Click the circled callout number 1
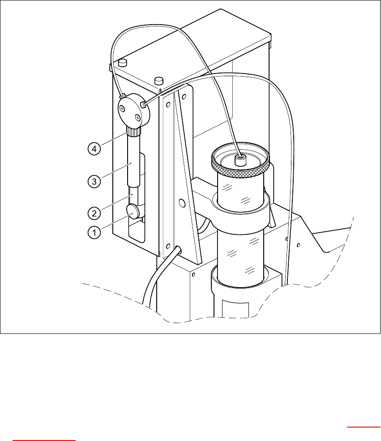pyautogui.click(x=94, y=232)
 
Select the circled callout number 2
pyautogui.click(x=94, y=212)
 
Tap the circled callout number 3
pyautogui.click(x=94, y=181)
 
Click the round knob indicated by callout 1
pyautogui.click(x=133, y=211)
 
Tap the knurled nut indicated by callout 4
pyautogui.click(x=134, y=132)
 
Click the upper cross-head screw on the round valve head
pyautogui.click(x=123, y=107)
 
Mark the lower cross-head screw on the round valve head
pyautogui.click(x=138, y=118)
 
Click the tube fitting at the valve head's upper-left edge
pyautogui.click(x=121, y=95)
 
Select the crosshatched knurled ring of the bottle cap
pyautogui.click(x=241, y=169)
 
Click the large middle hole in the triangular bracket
pyautogui.click(x=182, y=203)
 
